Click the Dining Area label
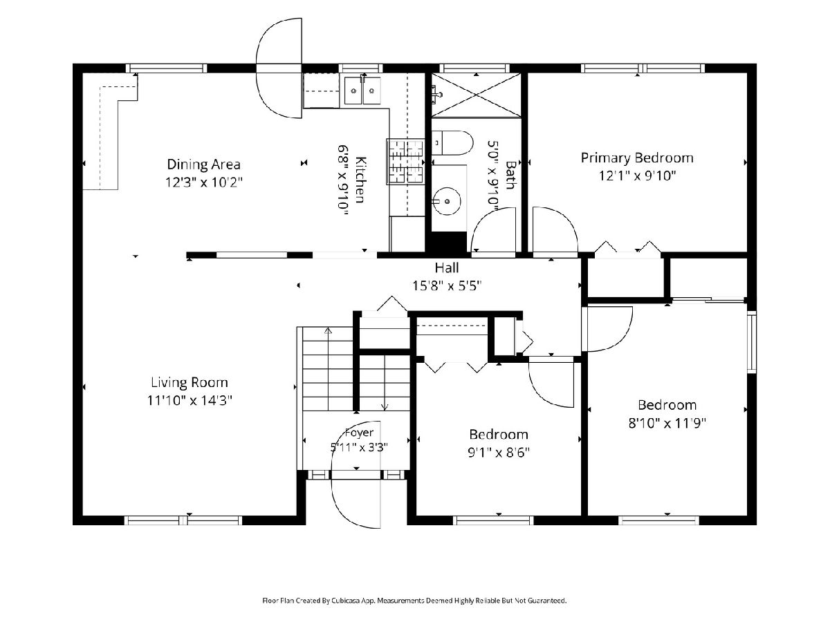203,164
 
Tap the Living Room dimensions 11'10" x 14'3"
190,400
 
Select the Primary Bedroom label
637,158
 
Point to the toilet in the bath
452,143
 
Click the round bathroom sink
447,201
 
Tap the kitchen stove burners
405,162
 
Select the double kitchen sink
362,91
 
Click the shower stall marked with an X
476,95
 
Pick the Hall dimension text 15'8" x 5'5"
447,286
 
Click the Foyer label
359,433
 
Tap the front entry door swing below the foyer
356,504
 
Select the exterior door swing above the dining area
279,68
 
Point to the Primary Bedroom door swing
555,229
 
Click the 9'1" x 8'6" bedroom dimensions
499,452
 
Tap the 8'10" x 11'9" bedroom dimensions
667,423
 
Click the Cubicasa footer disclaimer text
414,600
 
